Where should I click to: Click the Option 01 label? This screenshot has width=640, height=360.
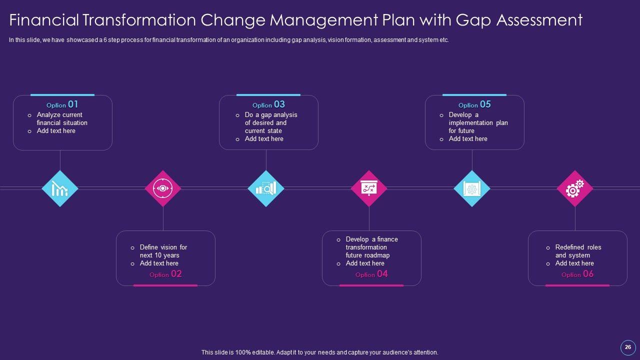pos(62,104)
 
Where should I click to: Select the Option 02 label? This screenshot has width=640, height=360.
pos(165,274)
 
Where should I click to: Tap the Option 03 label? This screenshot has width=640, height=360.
pos(268,104)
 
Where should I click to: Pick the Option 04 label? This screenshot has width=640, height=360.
pos(371,274)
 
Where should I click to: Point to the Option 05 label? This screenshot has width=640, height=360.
pos(474,104)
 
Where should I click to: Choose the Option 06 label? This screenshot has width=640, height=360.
pos(577,274)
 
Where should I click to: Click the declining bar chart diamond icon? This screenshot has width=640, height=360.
pos(60,188)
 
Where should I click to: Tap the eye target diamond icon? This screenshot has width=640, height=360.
pos(163,188)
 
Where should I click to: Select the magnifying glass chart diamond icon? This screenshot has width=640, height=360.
pos(266,188)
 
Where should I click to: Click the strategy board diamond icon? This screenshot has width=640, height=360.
pos(369,188)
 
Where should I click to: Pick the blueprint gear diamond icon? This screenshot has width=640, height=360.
pos(472,188)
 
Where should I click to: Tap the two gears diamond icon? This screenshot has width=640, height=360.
pos(575,188)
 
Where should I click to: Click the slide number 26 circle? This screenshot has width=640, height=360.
pos(628,347)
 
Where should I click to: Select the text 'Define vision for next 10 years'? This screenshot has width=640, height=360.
pos(163,251)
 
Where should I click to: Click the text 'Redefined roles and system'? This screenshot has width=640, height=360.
pos(578,251)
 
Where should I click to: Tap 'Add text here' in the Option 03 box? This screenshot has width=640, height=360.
pos(264,138)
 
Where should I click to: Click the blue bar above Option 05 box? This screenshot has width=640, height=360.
pos(474,94)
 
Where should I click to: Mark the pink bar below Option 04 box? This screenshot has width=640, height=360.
pos(371,285)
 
